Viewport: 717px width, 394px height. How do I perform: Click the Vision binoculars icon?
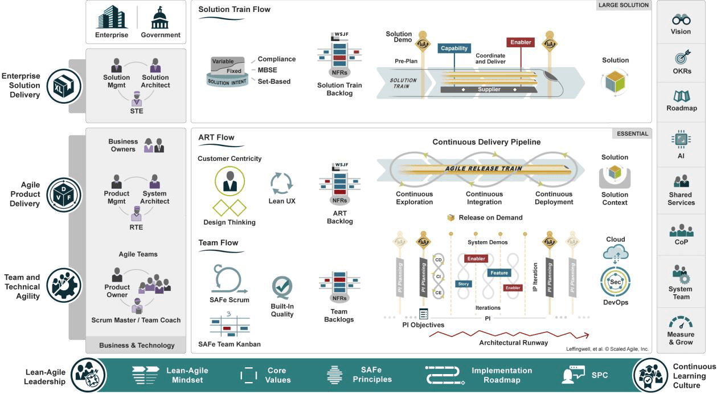click(x=681, y=18)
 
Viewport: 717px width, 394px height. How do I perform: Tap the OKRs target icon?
click(x=681, y=58)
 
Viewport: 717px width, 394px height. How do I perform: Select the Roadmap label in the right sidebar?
click(x=681, y=108)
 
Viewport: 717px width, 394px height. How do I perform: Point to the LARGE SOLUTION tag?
click(x=623, y=5)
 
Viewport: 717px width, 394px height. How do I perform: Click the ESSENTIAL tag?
click(x=632, y=134)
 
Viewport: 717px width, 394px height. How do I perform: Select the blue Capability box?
click(x=454, y=49)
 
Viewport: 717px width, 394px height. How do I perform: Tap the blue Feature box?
click(x=499, y=273)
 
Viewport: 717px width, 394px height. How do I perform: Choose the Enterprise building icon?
click(x=111, y=17)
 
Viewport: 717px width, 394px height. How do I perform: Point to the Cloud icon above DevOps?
click(x=615, y=253)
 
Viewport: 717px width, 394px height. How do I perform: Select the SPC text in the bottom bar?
click(x=600, y=375)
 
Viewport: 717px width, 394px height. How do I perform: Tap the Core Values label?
click(x=277, y=375)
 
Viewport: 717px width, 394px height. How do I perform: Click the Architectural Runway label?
click(x=513, y=343)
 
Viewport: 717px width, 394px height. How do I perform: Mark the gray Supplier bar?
click(x=489, y=90)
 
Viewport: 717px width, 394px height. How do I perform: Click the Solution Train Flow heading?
click(x=234, y=9)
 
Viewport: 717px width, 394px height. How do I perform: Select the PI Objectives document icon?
click(x=423, y=314)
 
